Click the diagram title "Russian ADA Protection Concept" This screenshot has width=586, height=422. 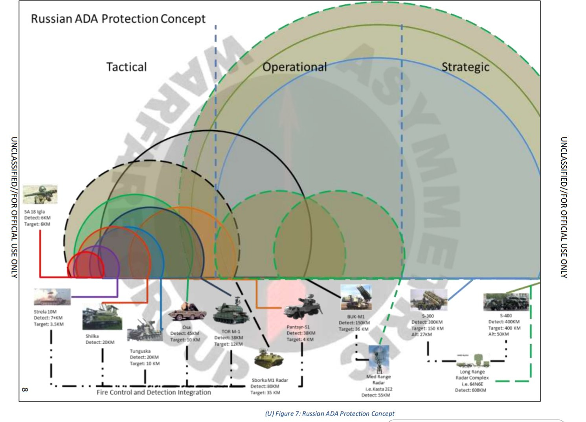pos(118,19)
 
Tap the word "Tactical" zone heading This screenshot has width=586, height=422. pos(127,67)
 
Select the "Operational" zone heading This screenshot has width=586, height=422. pos(295,67)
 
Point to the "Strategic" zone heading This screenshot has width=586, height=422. pos(465,67)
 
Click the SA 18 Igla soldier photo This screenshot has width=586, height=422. pos(40,194)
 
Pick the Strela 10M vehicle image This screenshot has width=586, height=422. pos(52,297)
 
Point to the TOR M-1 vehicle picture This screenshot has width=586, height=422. pos(231,313)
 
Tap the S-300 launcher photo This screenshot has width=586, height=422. pos(428,300)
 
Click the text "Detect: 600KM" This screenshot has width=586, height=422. pos(470,390)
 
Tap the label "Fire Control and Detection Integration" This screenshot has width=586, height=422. pos(154,392)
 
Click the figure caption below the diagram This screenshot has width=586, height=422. pos(329,413)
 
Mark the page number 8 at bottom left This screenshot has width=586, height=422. pos(25,389)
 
